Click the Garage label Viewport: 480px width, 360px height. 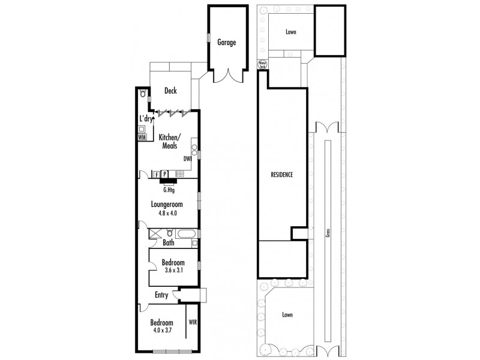[226, 43]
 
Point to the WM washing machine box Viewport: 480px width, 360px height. [142, 137]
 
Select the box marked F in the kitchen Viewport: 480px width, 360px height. [157, 174]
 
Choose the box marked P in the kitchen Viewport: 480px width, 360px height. [164, 174]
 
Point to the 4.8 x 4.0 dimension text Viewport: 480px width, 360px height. [167, 213]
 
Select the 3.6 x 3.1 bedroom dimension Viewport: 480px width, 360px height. [173, 271]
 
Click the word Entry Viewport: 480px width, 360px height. [161, 295]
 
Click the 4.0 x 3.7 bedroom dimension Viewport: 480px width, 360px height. [162, 331]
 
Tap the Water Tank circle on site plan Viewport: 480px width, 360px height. [262, 63]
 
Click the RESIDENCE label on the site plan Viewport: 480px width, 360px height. [281, 175]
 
